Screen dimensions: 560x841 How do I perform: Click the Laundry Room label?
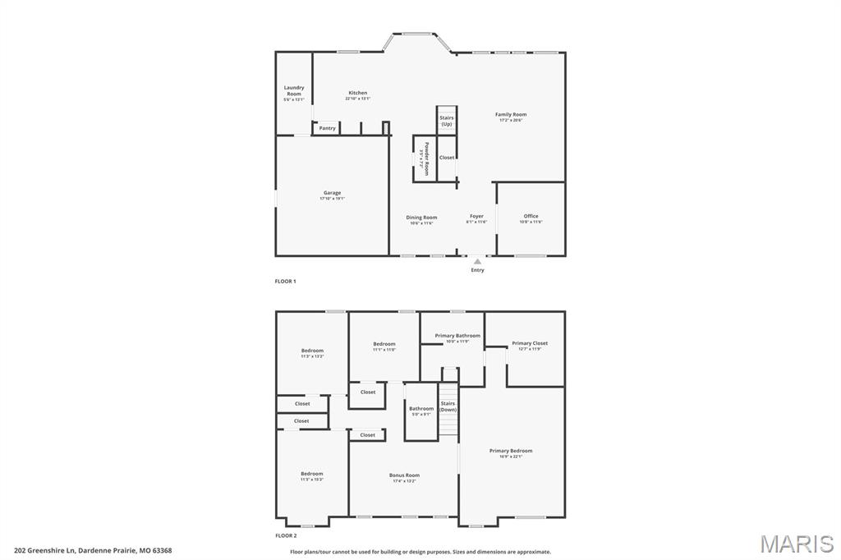[294, 91]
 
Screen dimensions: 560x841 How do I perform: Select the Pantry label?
[327, 128]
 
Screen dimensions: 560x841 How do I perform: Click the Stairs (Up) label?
[446, 121]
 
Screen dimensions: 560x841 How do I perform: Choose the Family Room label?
[511, 116]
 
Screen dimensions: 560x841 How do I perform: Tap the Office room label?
[531, 218]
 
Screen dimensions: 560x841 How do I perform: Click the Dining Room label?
[421, 218]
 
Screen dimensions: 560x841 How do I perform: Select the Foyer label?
[476, 218]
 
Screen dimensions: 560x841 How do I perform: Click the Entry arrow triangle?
[477, 261]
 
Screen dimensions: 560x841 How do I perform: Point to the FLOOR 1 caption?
[285, 281]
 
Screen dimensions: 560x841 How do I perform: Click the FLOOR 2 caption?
[285, 535]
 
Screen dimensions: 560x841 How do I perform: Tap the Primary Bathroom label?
[457, 337]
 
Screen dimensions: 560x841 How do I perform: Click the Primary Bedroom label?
[511, 452]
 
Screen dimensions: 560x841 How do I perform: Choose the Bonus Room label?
[404, 476]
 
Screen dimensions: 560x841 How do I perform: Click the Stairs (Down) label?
[448, 406]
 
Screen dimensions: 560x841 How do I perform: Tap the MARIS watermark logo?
[796, 543]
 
